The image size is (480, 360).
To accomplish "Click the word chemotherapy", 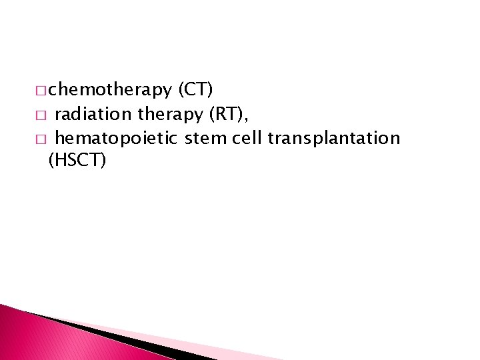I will point(110,88).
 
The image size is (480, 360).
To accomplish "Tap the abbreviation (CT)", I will point(195,88).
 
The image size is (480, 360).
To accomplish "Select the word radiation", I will point(93,114).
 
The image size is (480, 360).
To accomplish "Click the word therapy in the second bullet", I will point(170,114).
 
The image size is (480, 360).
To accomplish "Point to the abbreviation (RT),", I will point(229,114).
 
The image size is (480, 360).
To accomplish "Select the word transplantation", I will point(333,138).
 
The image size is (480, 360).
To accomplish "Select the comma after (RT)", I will point(247,119).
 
